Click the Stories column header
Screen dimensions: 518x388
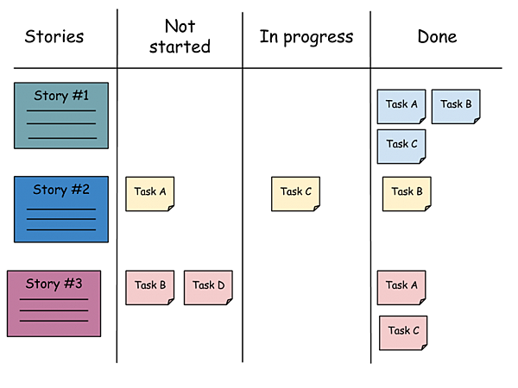pos(54,36)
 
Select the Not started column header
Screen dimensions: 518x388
pos(180,36)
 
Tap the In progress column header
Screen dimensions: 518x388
pos(306,37)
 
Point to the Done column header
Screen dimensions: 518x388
pos(437,36)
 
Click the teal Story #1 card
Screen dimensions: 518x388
pos(61,116)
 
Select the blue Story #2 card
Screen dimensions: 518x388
pos(61,210)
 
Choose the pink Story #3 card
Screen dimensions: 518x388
pos(54,304)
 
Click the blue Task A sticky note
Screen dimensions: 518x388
pos(401,107)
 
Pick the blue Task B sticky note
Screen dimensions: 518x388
pos(456,107)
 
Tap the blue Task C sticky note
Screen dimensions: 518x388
pos(401,147)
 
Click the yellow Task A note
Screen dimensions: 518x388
pos(149,194)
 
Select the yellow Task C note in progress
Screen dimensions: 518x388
pos(295,194)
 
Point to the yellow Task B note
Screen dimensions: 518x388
pos(407,194)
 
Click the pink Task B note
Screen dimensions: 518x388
pos(149,288)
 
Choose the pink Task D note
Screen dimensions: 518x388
pos(208,288)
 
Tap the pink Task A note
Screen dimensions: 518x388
pos(401,288)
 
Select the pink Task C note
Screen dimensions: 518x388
pos(403,333)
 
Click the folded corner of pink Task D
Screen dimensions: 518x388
pos(230,302)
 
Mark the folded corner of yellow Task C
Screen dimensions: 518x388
pos(317,208)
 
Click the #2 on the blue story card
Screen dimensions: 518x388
pos(80,190)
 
